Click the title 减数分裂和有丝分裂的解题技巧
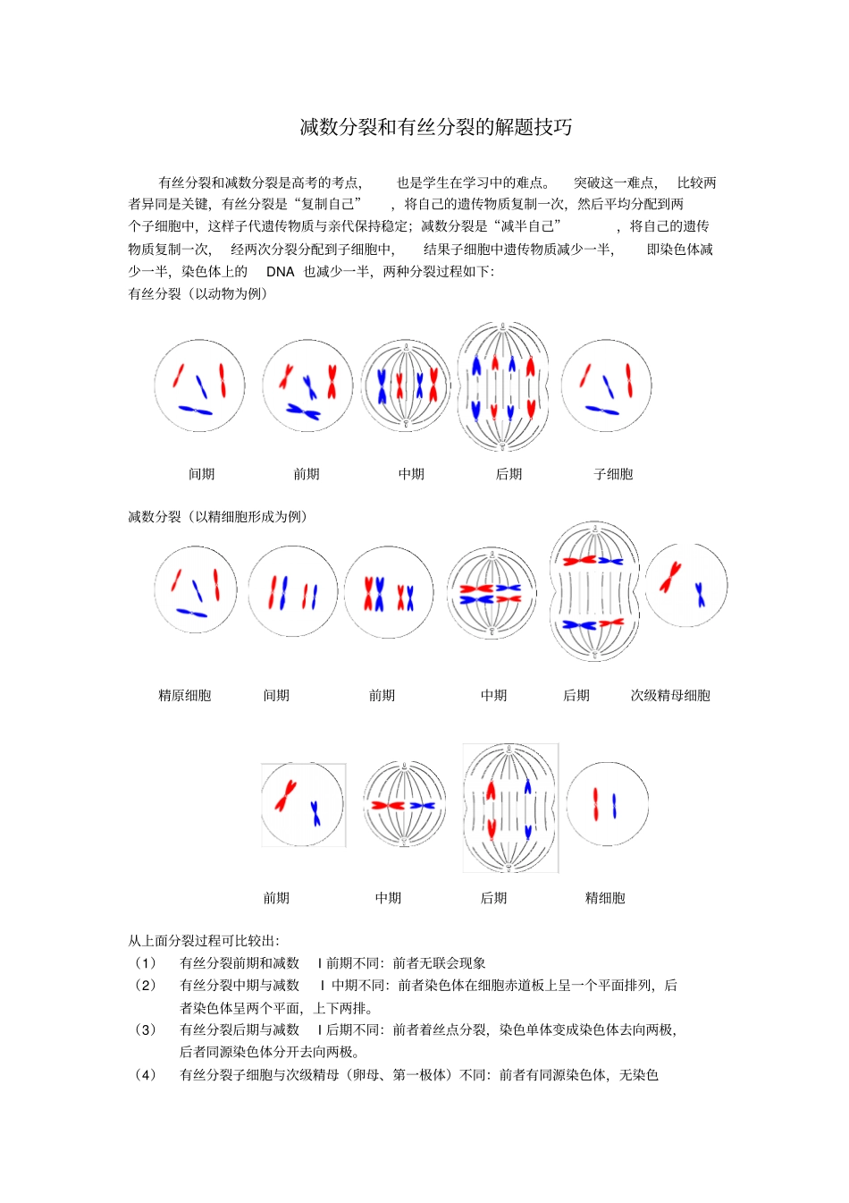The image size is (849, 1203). click(435, 127)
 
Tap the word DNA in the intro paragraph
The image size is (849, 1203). click(280, 271)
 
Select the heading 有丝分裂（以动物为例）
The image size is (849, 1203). click(198, 293)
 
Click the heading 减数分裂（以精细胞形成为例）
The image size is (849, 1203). click(218, 516)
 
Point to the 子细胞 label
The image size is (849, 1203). click(613, 474)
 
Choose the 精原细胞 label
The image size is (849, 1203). click(185, 695)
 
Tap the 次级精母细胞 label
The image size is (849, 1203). click(670, 695)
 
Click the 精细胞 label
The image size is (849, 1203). click(605, 898)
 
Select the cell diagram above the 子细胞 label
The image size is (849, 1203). click(606, 385)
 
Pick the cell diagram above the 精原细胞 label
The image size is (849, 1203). click(195, 590)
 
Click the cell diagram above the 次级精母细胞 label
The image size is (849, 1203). click(685, 585)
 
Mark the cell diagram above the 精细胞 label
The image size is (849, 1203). click(607, 804)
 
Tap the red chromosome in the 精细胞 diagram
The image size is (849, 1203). click(595, 803)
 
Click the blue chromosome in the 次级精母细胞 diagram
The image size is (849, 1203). click(700, 594)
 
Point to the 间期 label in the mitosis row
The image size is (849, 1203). click(202, 474)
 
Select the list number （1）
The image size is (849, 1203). click(145, 963)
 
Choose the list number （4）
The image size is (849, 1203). click(145, 1074)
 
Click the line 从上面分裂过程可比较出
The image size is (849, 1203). click(204, 941)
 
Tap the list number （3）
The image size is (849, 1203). click(145, 1029)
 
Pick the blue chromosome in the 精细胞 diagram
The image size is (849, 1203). click(614, 806)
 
